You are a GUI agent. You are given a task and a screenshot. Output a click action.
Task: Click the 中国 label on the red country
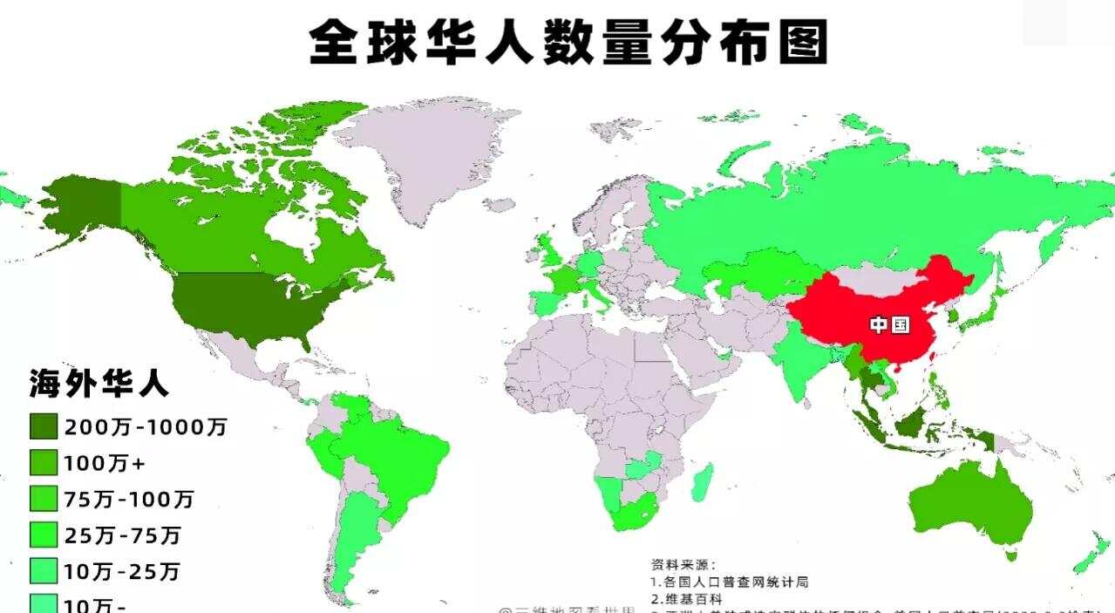(889, 325)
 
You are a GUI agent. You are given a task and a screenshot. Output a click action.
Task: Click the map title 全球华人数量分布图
(568, 42)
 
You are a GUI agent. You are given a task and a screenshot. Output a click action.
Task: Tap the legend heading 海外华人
(99, 383)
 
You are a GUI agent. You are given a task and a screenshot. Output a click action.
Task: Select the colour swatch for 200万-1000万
(44, 426)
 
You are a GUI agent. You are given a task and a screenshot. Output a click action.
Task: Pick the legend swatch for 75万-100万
(44, 499)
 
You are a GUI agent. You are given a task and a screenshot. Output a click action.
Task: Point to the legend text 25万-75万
(121, 535)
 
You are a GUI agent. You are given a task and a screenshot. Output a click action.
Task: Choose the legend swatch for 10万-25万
(44, 571)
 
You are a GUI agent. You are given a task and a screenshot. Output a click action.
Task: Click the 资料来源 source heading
(683, 564)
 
